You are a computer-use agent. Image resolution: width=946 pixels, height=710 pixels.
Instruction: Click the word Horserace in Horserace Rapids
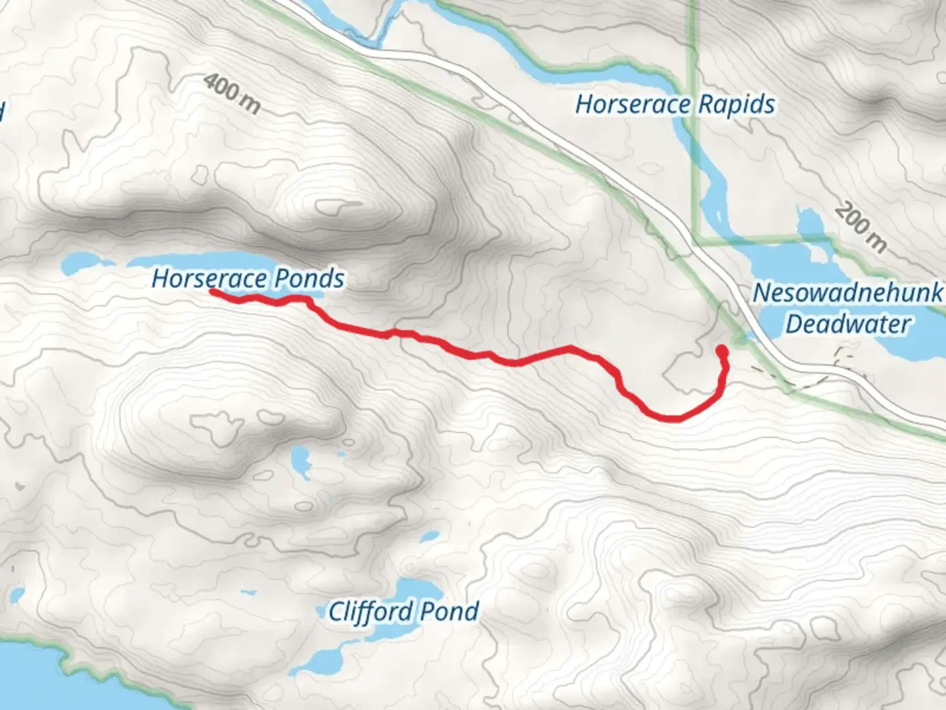click(633, 105)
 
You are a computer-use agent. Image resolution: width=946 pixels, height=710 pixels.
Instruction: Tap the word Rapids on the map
click(736, 105)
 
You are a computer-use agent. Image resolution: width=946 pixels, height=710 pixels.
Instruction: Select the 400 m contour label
click(231, 93)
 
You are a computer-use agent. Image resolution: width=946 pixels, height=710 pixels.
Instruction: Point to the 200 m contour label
click(861, 228)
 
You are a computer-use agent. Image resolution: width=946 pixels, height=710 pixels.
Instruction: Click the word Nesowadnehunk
click(847, 293)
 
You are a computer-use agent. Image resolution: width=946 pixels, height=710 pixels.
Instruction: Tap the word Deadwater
click(847, 324)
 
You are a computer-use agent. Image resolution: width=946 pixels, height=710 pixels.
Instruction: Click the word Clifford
click(371, 612)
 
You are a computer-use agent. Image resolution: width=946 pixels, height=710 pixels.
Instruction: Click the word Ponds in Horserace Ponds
click(309, 279)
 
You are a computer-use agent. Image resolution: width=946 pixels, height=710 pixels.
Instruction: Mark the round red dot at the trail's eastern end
click(722, 350)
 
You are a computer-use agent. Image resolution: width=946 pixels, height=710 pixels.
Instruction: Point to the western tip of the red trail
click(212, 291)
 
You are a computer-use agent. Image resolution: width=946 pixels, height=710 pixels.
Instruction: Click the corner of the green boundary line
click(694, 239)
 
